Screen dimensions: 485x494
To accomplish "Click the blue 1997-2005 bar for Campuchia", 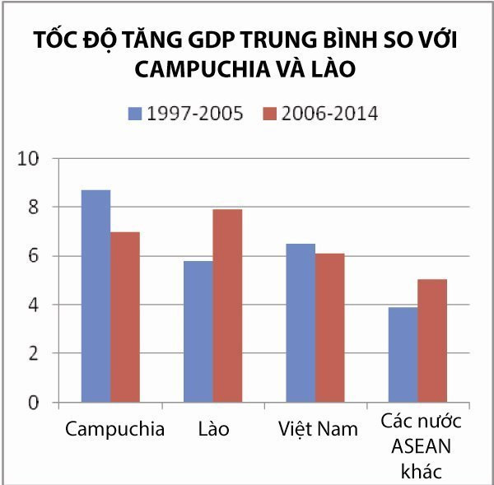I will tap(95, 296).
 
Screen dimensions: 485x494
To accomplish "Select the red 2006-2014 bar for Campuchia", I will tap(125, 317).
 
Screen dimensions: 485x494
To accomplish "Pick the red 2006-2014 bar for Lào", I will tap(227, 305).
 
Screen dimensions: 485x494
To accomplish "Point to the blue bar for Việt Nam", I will tap(299, 323).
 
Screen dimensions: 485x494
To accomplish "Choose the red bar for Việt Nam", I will tap(329, 328).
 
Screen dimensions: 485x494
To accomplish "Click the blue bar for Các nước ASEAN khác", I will tap(402, 355).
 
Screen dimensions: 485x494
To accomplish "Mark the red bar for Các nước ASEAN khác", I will tap(432, 341).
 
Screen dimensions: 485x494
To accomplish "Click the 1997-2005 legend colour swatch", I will tap(135, 113).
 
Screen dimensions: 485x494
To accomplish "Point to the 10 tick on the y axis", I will tap(33, 158).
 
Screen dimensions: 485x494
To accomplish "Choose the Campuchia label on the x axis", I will tap(114, 429).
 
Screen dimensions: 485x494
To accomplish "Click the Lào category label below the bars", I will tap(212, 429).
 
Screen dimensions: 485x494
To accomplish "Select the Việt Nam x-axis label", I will tap(317, 429).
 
